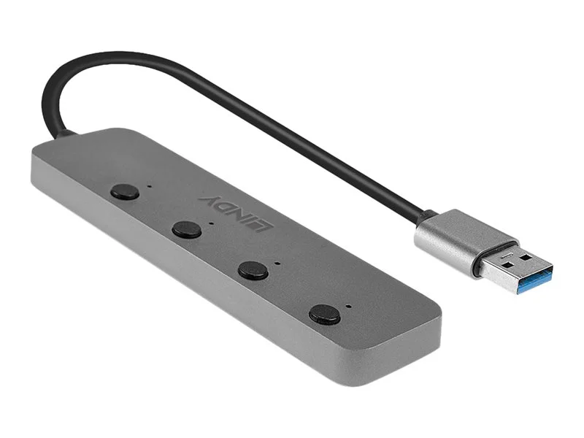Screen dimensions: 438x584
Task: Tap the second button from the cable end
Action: (187, 230)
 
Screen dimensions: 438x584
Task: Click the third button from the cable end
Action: (252, 269)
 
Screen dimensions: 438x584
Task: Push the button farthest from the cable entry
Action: (324, 314)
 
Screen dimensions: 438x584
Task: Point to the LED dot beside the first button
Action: (150, 185)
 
